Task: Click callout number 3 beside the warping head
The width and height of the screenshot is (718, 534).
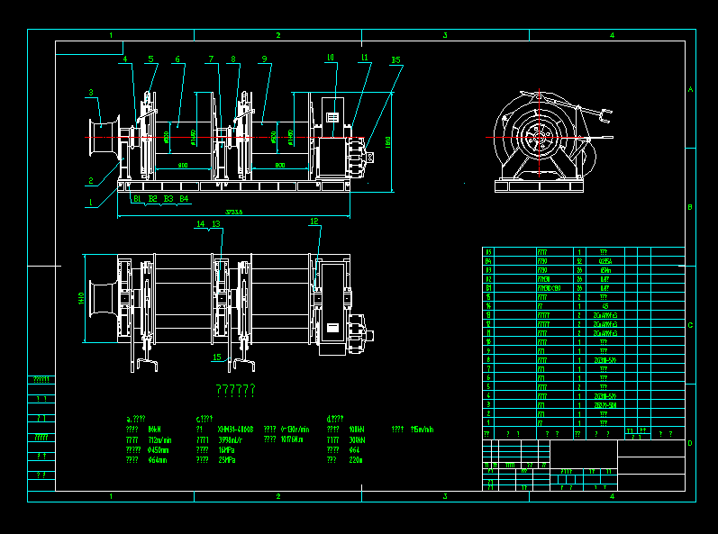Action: click(x=91, y=92)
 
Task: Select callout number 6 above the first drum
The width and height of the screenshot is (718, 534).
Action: click(x=177, y=59)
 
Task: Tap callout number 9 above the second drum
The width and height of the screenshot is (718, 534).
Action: click(x=264, y=59)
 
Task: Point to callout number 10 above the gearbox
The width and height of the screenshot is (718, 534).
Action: click(x=330, y=58)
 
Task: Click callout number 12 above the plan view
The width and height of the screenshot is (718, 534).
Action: click(x=314, y=221)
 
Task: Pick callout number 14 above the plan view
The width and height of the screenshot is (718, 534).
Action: click(x=200, y=223)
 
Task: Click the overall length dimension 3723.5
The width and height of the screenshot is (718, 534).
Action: click(x=234, y=212)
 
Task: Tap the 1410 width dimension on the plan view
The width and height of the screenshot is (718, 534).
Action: click(x=80, y=297)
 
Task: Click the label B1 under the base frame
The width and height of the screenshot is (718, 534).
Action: click(x=137, y=198)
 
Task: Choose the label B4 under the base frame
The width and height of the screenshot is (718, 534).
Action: click(x=183, y=198)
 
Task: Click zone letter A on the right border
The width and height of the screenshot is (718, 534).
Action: click(x=690, y=90)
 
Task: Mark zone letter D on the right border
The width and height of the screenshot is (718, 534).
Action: click(x=690, y=443)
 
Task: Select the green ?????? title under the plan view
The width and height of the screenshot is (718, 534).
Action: click(x=235, y=390)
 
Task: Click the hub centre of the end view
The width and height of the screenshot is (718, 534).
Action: click(x=539, y=136)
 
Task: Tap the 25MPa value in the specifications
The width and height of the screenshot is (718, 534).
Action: click(x=225, y=460)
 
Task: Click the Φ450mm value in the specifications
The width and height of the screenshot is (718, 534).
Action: click(x=159, y=449)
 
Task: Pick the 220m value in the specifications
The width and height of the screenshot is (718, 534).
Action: click(x=354, y=460)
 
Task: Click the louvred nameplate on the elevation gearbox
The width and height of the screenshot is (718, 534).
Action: click(x=332, y=117)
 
